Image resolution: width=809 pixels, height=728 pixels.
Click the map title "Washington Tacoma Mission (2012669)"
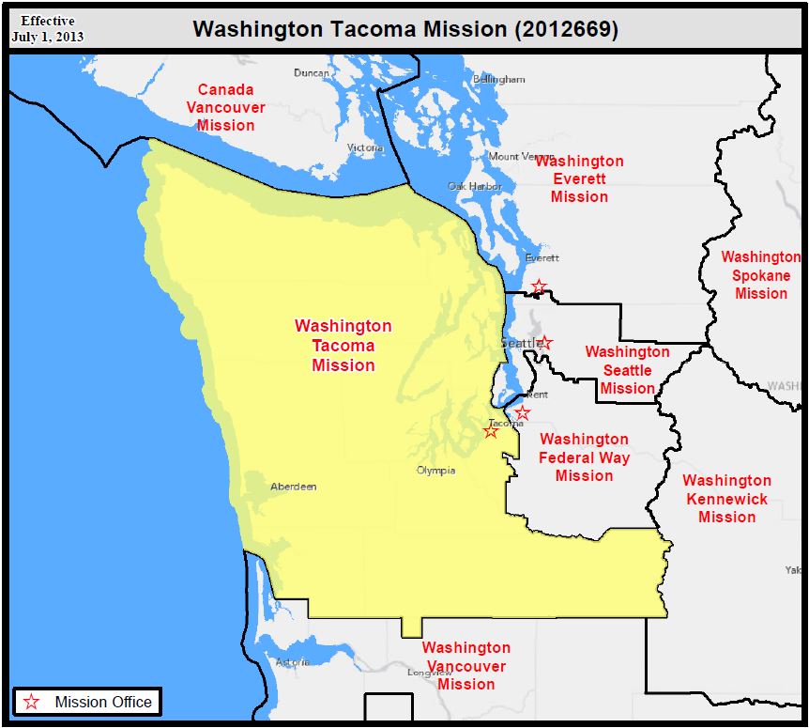(x=405, y=28)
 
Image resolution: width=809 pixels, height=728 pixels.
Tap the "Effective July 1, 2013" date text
(x=48, y=29)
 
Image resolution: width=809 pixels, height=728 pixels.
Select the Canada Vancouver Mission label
(x=225, y=107)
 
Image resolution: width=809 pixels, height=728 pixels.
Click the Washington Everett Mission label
(x=579, y=178)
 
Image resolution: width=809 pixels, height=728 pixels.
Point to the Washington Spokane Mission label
(x=760, y=274)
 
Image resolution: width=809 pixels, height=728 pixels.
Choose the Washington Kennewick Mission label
(x=726, y=499)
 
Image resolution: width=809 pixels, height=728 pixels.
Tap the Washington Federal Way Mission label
(x=584, y=457)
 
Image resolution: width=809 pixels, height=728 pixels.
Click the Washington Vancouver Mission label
(x=466, y=665)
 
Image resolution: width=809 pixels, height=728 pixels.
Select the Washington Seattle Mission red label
(x=627, y=370)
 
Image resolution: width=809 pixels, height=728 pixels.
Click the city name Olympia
(x=436, y=471)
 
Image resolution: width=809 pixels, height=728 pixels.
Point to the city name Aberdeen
(x=293, y=487)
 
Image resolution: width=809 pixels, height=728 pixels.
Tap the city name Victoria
(x=365, y=148)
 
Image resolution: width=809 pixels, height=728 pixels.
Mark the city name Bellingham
(x=499, y=80)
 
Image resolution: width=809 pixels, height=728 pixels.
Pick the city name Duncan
(x=312, y=73)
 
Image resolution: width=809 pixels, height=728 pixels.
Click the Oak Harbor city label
(x=475, y=187)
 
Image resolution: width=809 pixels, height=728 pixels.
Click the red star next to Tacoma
(x=491, y=430)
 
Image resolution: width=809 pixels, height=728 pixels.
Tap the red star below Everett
(x=538, y=286)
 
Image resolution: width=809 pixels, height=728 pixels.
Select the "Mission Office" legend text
(x=103, y=702)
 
